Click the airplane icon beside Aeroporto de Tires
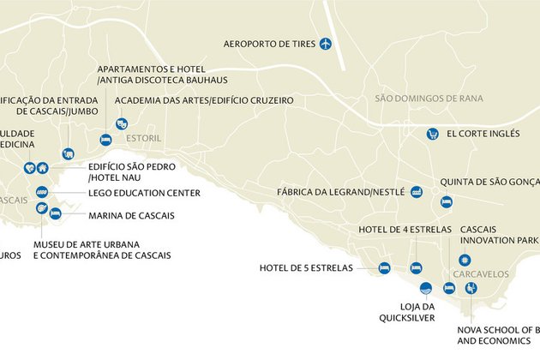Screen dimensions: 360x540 tap(325, 44)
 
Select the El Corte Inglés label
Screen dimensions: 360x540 tap(483, 134)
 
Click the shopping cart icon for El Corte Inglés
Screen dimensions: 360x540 tap(433, 134)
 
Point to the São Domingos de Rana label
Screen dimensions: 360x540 tap(429, 99)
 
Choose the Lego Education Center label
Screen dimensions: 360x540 tap(144, 193)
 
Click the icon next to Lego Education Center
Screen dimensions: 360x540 tap(42, 193)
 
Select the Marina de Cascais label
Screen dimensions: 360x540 tap(131, 215)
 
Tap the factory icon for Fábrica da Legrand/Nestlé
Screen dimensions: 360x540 tap(417, 192)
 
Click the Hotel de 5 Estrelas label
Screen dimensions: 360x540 tap(306, 268)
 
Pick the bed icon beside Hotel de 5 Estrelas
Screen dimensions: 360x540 tap(384, 267)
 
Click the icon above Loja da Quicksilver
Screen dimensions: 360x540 tap(425, 288)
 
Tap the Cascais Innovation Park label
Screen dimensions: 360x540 tap(500, 235)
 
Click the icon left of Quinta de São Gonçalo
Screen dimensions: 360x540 tap(446, 202)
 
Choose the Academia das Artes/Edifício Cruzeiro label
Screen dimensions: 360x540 tap(204, 100)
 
